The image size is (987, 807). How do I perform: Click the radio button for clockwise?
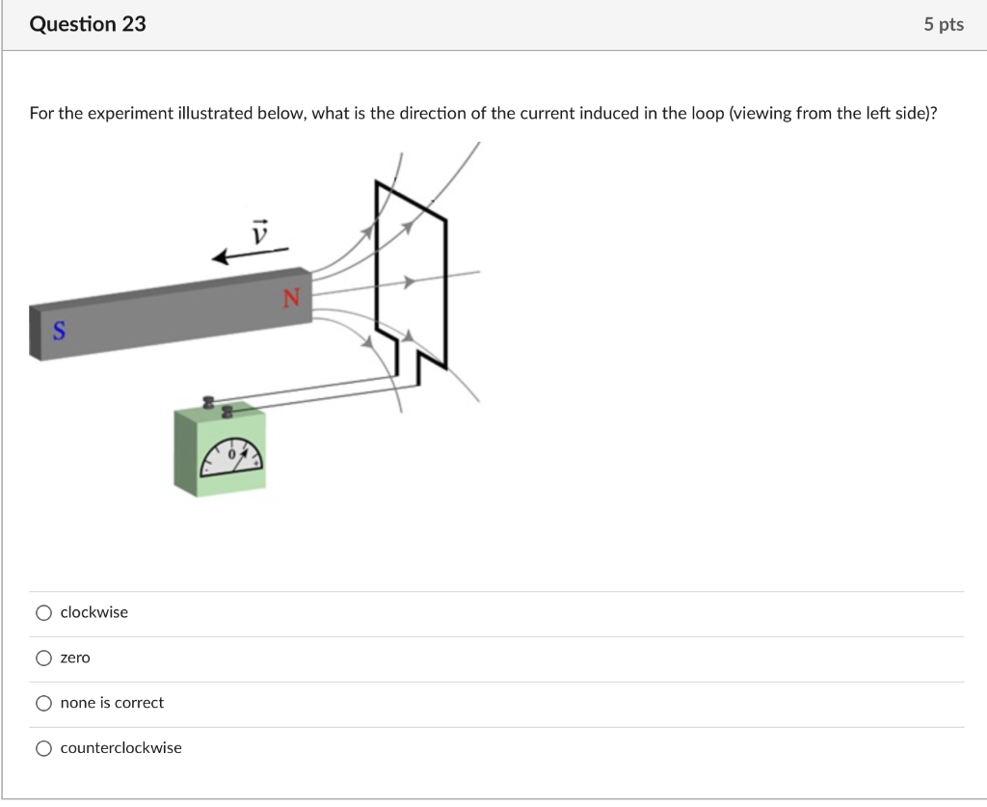(43, 613)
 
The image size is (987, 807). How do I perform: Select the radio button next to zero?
(43, 659)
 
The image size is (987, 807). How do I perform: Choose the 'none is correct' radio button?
(43, 704)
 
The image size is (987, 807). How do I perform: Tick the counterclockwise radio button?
(43, 749)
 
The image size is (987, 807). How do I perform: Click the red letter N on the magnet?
(292, 300)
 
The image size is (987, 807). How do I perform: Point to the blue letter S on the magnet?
(59, 332)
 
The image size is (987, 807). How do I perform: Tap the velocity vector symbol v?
(258, 230)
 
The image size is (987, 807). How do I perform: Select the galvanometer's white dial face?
(231, 461)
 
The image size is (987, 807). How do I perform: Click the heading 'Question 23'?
(88, 25)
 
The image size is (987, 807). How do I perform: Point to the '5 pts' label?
(943, 25)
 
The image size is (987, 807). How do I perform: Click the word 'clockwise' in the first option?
(93, 613)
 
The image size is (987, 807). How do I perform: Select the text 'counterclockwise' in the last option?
(120, 749)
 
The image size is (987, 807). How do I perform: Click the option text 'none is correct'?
(112, 704)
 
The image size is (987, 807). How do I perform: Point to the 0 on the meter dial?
(231, 452)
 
